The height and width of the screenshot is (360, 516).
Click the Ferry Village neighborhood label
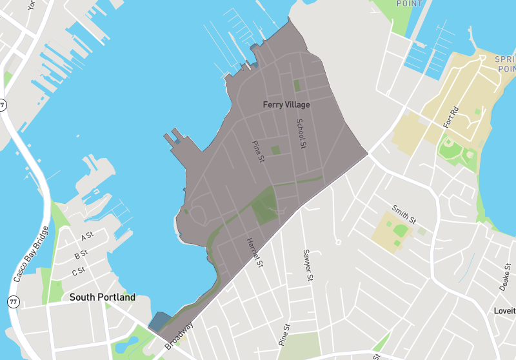(286, 104)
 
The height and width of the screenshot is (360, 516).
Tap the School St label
(300, 133)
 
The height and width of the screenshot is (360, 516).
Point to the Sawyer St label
(308, 266)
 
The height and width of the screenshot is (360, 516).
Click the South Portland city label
(103, 297)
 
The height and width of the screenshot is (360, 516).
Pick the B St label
(81, 255)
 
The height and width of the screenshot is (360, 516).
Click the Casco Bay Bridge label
(30, 255)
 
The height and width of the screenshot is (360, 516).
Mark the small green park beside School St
(297, 85)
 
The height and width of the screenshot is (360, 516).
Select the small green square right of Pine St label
(276, 150)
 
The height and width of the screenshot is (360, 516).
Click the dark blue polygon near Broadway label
(159, 321)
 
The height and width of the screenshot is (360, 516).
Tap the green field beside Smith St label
(401, 230)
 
